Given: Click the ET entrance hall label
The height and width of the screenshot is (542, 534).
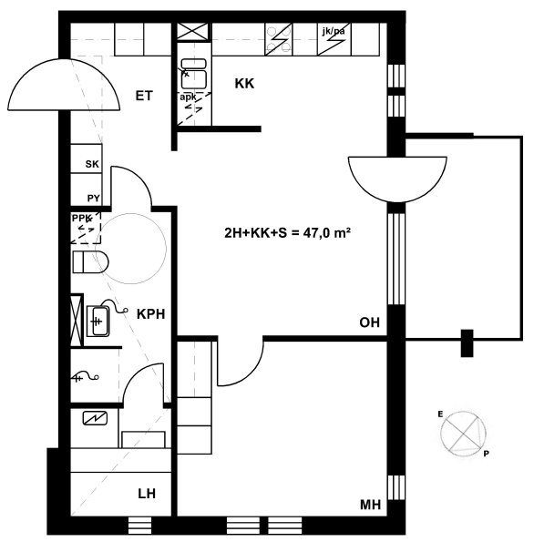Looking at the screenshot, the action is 144,96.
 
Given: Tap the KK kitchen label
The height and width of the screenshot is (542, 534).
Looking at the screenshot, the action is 244,84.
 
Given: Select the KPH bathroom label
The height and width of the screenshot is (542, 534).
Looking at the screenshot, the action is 150,314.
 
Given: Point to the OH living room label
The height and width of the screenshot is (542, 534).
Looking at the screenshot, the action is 369,322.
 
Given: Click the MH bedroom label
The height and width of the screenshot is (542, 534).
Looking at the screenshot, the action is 370,505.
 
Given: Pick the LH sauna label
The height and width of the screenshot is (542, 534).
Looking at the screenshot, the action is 147,494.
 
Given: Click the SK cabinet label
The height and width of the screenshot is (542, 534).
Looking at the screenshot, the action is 92,164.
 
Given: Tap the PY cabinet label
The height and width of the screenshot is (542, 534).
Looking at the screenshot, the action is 93,199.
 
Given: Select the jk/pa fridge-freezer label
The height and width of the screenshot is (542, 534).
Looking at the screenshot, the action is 334,32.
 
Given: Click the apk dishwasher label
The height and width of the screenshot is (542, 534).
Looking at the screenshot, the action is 188,97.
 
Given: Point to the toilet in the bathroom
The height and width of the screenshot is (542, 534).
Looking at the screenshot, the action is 90,262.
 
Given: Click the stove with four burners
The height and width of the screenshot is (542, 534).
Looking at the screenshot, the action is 279,39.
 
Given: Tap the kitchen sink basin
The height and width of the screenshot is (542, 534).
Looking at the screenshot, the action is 194,74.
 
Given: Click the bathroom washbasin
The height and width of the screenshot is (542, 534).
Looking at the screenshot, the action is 98,321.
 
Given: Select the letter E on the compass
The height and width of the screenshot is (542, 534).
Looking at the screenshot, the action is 440,414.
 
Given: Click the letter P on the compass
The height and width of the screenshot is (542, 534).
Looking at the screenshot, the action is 486,454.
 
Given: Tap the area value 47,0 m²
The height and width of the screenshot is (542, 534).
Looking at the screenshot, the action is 327,233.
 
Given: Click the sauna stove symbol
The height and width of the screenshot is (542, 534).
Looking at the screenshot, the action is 95,419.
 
